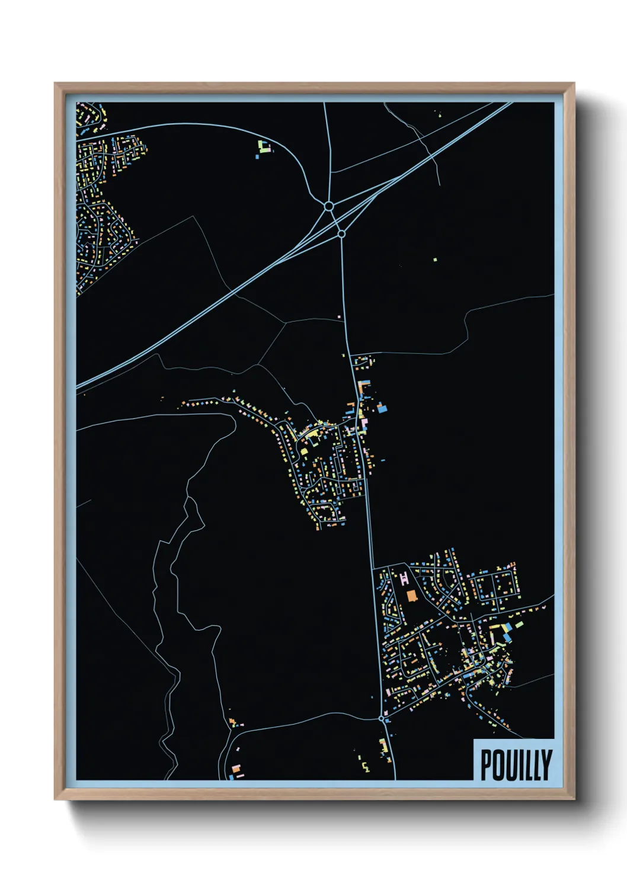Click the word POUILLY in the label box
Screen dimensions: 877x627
[516, 765]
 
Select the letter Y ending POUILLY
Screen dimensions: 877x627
[546, 765]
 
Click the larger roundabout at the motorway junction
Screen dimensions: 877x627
[329, 206]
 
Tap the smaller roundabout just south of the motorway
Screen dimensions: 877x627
[341, 234]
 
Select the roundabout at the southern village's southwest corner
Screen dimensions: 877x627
[382, 719]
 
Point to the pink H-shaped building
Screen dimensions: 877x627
[405, 578]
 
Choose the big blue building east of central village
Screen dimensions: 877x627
[383, 408]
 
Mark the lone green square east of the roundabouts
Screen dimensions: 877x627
[435, 259]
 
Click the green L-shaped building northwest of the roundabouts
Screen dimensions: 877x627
[263, 146]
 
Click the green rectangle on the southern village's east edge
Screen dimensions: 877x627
[520, 624]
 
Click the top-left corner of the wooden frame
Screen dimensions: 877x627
[55, 84]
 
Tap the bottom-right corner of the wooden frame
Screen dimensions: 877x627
[574, 799]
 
